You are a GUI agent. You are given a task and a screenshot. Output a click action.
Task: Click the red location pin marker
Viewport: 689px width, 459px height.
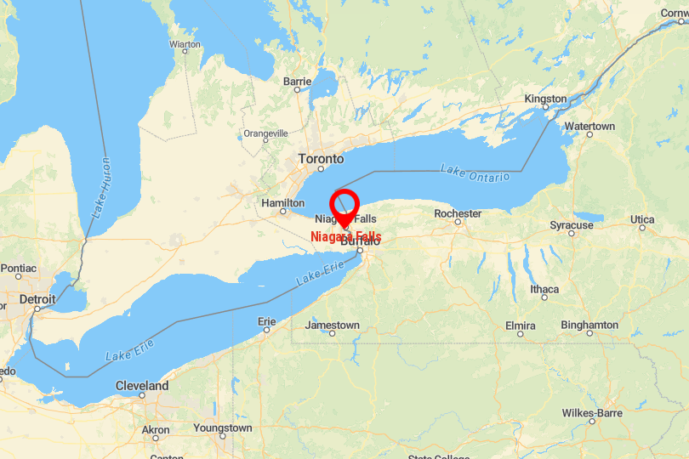(344, 205)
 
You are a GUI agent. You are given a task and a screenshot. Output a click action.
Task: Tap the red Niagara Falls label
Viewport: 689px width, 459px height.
(346, 236)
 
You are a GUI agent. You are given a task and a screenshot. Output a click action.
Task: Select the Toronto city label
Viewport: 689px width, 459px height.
(321, 159)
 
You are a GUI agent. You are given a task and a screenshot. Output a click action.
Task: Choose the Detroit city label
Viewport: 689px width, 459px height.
(37, 299)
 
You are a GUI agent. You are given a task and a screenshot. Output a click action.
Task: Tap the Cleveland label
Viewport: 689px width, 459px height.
(141, 386)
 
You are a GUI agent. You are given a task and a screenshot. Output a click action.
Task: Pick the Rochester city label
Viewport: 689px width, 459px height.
(458, 213)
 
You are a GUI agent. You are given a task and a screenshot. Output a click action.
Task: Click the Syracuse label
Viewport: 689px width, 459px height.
(571, 225)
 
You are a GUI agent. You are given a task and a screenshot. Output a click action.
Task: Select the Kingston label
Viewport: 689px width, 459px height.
(545, 99)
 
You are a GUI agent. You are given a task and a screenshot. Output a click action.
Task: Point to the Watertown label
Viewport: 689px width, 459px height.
(589, 126)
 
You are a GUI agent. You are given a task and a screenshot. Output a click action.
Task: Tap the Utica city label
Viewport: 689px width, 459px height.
(642, 220)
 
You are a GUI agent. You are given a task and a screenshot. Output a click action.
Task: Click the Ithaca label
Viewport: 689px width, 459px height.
(544, 289)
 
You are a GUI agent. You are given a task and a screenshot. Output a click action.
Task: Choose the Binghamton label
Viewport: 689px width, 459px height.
(589, 325)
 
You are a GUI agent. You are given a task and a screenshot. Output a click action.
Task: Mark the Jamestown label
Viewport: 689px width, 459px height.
(332, 325)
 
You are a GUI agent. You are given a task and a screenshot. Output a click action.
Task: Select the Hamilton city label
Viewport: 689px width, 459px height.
(282, 203)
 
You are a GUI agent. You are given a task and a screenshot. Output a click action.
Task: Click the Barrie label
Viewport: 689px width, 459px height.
(297, 82)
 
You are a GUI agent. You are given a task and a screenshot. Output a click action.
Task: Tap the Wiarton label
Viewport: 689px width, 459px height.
(185, 43)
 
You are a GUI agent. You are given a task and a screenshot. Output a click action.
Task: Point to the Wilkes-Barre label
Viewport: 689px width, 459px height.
(592, 413)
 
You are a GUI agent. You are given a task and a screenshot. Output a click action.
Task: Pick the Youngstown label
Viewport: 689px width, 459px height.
(222, 428)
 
